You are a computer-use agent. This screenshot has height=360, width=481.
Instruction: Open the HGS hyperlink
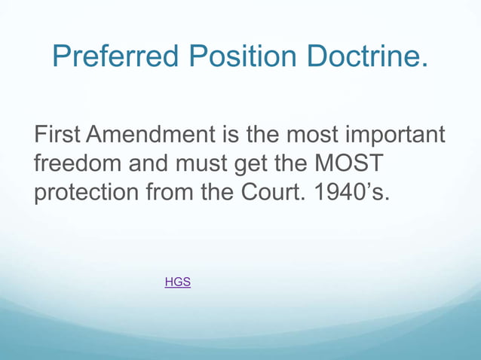(177, 282)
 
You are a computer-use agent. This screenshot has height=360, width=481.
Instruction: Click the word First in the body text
(57, 136)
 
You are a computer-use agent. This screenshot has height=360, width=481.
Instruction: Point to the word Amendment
(151, 136)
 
